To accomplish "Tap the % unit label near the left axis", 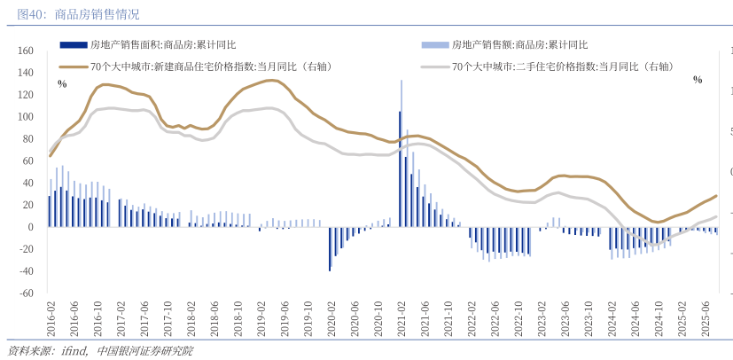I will coord(62,83).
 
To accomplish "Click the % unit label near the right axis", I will coord(698,80).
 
